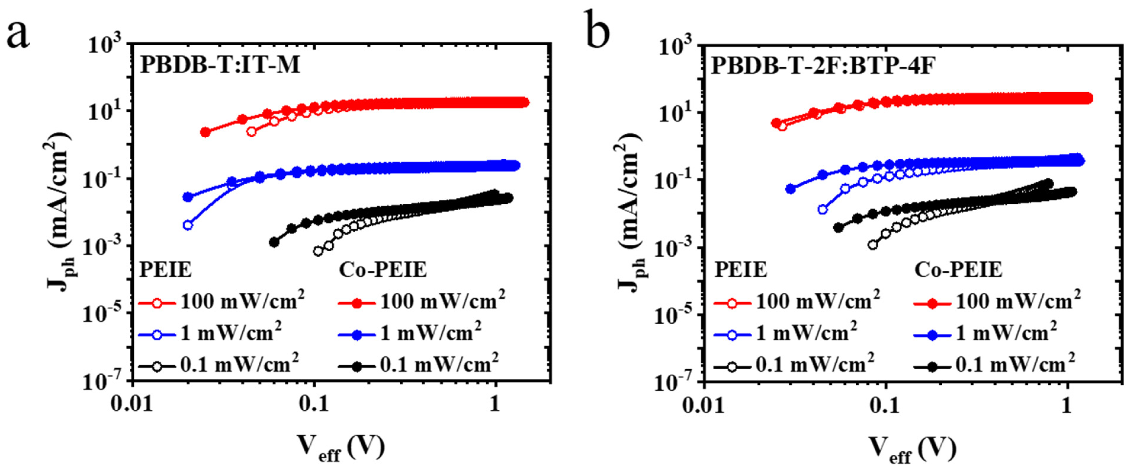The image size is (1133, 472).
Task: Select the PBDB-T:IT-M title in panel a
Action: [x=220, y=65]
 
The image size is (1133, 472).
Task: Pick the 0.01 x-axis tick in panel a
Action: [x=132, y=404]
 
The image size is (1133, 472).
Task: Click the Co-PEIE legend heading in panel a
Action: [x=383, y=269]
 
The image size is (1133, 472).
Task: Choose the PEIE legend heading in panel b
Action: [x=741, y=269]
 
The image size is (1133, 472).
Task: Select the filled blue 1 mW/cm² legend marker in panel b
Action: [x=933, y=335]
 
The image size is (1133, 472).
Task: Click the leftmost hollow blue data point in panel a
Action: [x=188, y=225]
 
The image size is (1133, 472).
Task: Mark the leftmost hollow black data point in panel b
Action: [x=873, y=245]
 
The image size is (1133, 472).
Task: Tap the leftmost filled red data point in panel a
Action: [x=205, y=132]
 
